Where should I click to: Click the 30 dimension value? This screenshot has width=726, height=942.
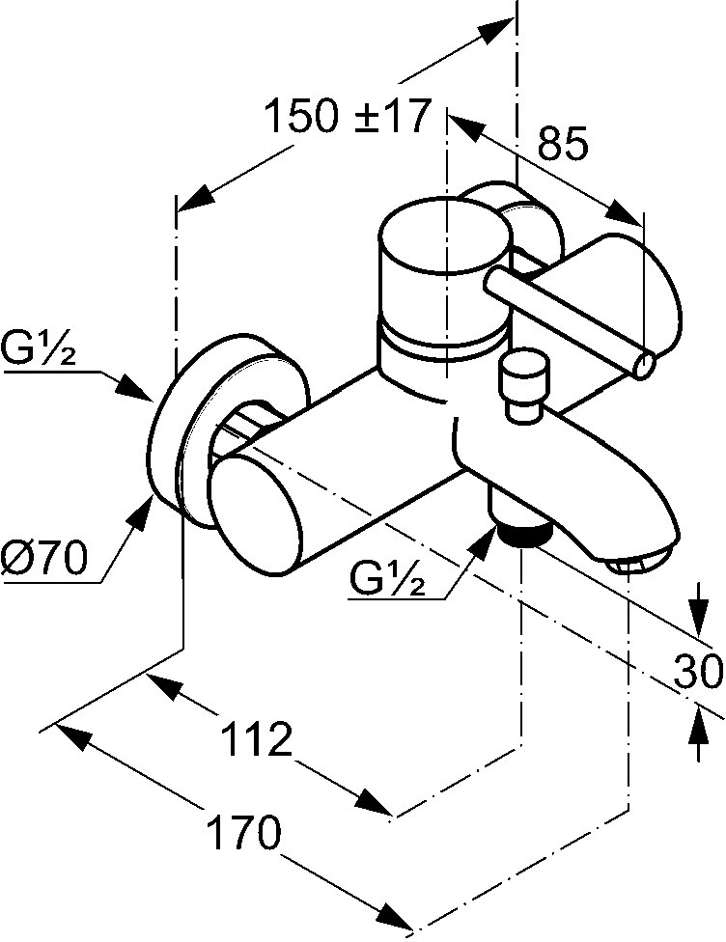pyautogui.click(x=698, y=670)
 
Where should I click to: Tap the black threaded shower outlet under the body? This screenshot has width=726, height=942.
pyautogui.click(x=521, y=534)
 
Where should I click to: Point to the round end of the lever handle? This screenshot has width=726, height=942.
pyautogui.click(x=644, y=366)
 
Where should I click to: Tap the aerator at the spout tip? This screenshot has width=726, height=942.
pyautogui.click(x=640, y=562)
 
